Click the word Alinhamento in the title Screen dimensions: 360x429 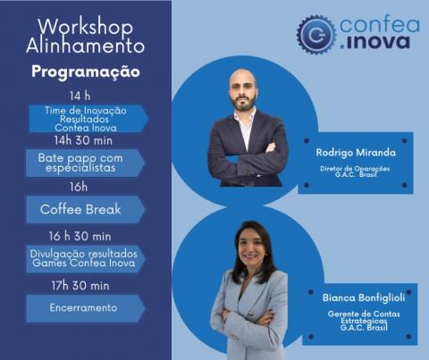pyautogui.click(x=85, y=45)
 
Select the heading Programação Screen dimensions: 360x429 pyautogui.click(x=85, y=71)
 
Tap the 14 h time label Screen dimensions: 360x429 pyautogui.click(x=80, y=96)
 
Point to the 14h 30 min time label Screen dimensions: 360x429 pyautogui.click(x=81, y=141)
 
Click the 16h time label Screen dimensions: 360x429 pyautogui.click(x=80, y=187)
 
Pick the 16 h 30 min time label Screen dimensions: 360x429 pyautogui.click(x=80, y=236)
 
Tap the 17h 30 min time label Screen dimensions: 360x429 pyautogui.click(x=80, y=286)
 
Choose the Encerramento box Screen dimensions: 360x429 pyautogui.click(x=82, y=308)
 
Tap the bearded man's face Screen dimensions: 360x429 pyautogui.click(x=244, y=91)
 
